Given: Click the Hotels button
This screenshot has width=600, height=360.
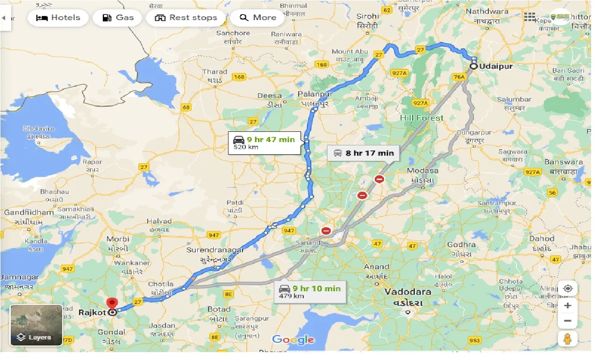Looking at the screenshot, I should point(58,18).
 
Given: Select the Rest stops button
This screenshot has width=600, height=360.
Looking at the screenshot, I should point(186,18).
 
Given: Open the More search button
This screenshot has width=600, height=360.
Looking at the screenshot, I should point(258,18).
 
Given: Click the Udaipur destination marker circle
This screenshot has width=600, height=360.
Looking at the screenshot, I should point(473,66).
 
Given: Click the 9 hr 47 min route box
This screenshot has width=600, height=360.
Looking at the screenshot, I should point(264,143).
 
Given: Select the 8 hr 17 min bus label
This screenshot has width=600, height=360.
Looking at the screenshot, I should point(364,153).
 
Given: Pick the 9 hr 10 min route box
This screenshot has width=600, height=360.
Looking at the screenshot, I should point(310,291).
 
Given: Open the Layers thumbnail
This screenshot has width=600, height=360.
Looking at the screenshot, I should point(36,325).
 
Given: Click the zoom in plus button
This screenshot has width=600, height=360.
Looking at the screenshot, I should point(567,306).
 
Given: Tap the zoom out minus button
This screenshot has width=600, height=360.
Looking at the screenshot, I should point(567,321).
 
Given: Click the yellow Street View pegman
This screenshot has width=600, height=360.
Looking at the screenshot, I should point(567,338).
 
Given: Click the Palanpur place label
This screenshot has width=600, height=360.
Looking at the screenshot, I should point(315,94).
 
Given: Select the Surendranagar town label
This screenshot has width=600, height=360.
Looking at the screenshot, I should point(215,250).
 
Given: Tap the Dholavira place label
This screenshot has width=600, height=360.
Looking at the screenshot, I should point(39,129).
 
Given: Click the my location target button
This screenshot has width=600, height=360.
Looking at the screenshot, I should point(567,288).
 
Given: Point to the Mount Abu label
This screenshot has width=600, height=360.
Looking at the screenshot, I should point(350,51).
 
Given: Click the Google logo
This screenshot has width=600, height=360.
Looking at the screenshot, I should point(293,340).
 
